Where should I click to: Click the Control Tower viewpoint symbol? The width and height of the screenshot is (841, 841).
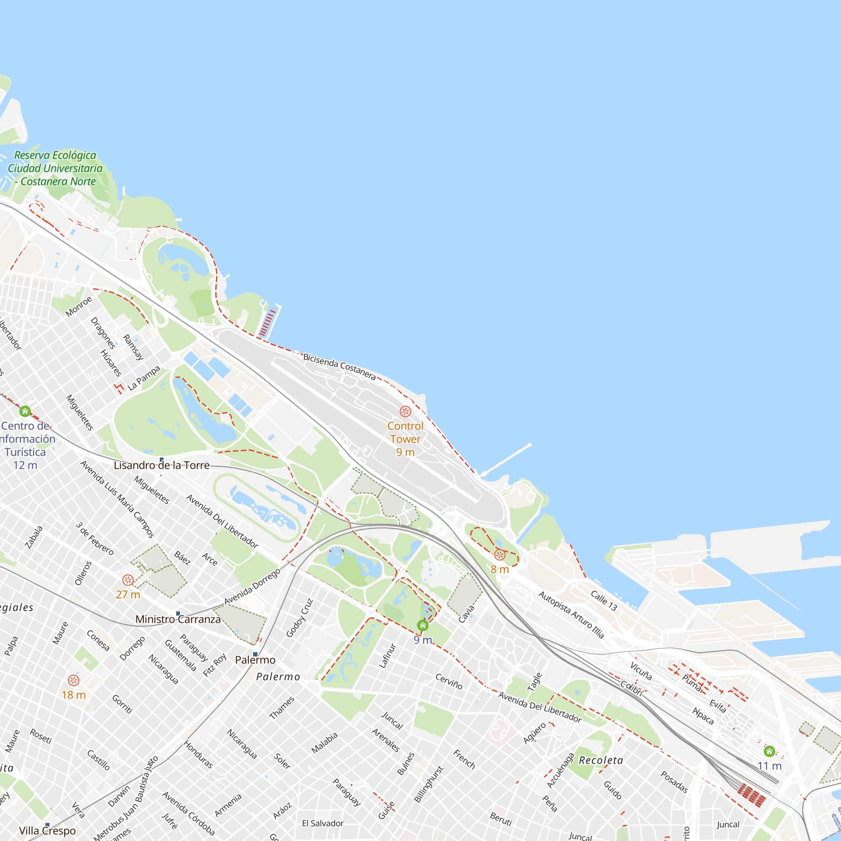point(405,411)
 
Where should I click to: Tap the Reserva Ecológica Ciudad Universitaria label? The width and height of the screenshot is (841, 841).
point(55,169)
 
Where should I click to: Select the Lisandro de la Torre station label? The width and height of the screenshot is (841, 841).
point(161,465)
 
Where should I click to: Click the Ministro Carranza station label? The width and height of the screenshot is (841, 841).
point(178,619)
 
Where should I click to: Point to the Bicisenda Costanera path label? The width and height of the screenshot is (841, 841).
point(339,367)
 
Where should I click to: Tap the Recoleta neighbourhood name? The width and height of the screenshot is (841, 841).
point(601,760)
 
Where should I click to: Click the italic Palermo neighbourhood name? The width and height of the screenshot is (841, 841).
point(278,677)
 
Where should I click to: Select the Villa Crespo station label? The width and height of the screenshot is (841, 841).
point(48,830)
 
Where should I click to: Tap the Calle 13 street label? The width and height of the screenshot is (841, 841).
point(604,601)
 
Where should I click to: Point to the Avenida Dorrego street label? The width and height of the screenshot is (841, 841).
point(252,586)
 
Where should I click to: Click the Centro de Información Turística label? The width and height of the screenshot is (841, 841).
point(26,439)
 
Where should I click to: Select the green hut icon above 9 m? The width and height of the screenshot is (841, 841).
point(423,626)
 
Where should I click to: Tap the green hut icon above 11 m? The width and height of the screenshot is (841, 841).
point(769,751)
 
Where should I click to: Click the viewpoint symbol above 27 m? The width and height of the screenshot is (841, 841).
point(127,580)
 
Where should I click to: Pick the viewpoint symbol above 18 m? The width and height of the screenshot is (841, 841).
point(74,680)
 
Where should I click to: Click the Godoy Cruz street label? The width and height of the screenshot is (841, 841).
point(299,618)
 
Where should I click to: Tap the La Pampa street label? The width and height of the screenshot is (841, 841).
point(144,378)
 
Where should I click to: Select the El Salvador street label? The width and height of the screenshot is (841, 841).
point(323,823)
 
